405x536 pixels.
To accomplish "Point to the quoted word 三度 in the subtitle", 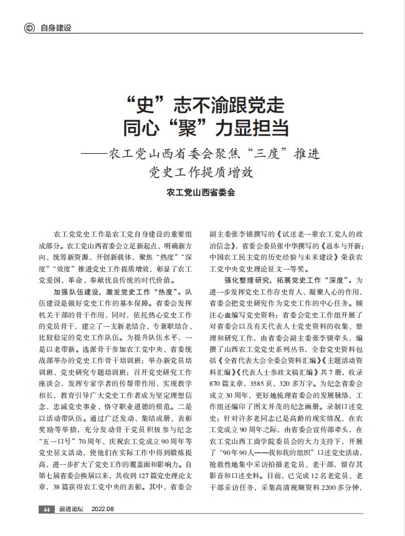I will [x=272, y=152].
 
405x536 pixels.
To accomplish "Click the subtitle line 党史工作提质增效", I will [x=202, y=171].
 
